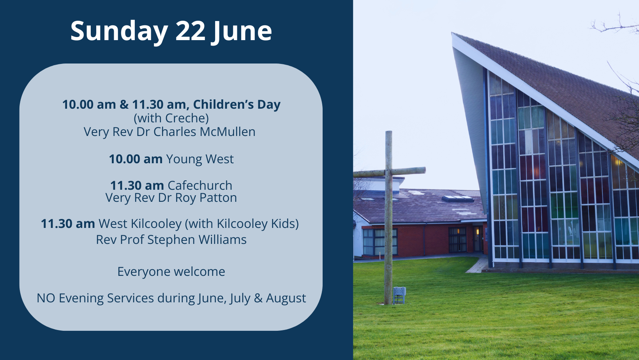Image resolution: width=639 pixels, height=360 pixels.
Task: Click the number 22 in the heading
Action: click(190, 30)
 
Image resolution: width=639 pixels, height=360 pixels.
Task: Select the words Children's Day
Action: click(237, 104)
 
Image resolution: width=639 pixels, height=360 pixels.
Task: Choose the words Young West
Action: click(199, 159)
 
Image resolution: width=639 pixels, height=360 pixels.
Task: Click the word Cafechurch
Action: click(199, 185)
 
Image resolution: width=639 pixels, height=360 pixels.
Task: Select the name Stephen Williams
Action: click(197, 240)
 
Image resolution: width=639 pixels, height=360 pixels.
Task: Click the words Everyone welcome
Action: click(171, 272)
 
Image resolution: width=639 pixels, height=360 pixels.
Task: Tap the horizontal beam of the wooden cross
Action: click(389, 172)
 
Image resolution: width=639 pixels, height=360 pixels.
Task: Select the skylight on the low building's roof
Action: click(458, 199)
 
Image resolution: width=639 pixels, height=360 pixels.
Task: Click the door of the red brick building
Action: click(478, 239)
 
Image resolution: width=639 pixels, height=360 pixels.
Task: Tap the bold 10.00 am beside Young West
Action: click(136, 159)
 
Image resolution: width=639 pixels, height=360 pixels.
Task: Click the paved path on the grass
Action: click(475, 265)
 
